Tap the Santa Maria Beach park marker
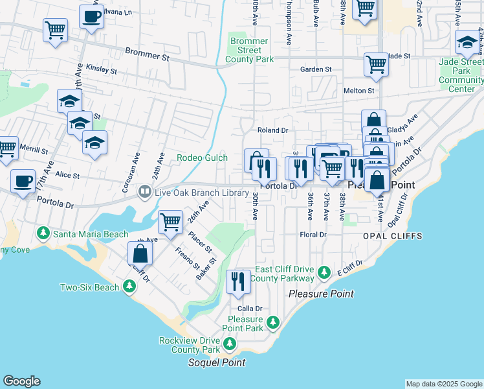point(43,233)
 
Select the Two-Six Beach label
point(90,287)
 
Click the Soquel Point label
point(216,362)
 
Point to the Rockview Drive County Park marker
point(227,342)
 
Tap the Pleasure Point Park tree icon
point(273,322)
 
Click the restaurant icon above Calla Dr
point(237,281)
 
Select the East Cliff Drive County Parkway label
point(284,274)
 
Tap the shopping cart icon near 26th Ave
point(170,222)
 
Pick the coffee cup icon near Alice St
point(24,181)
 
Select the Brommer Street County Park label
point(249,51)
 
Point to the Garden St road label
point(316,69)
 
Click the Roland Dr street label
point(272,130)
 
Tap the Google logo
point(21,381)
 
